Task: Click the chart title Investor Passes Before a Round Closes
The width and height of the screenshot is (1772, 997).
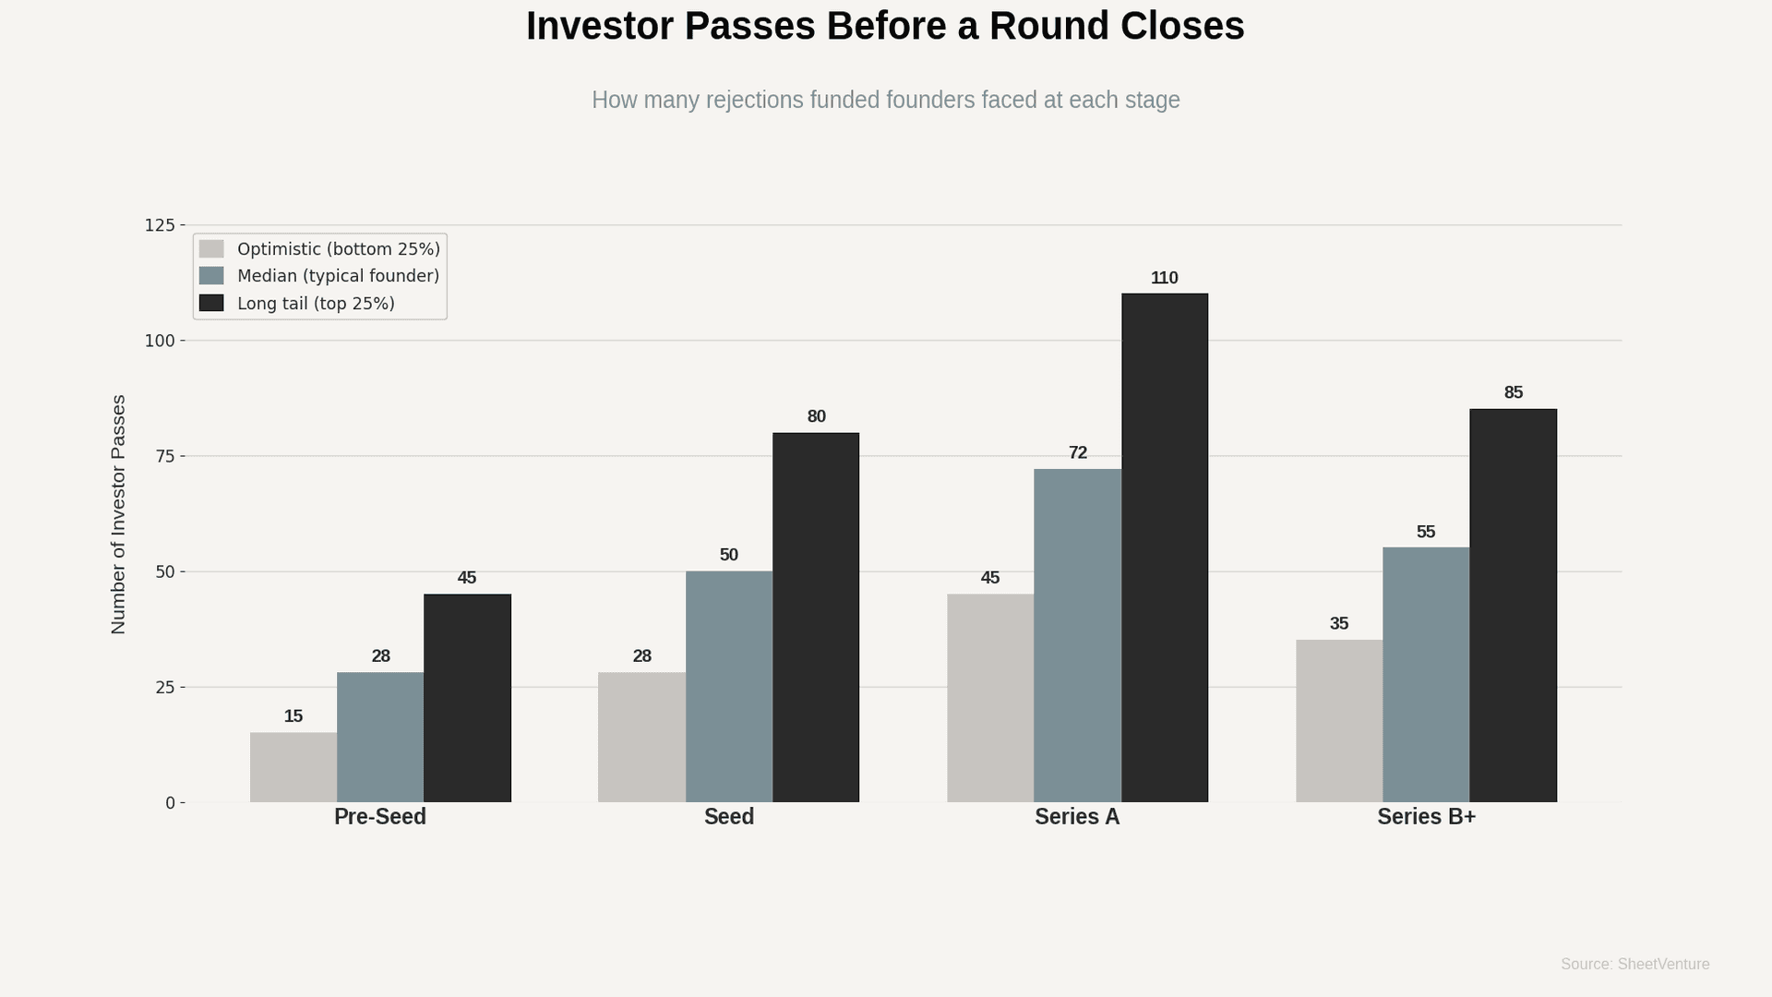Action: tap(885, 26)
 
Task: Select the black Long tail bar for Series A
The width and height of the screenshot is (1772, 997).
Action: tap(1164, 547)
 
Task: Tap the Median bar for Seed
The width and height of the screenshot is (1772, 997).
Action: tap(728, 686)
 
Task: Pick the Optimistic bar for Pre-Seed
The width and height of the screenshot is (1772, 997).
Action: tap(293, 767)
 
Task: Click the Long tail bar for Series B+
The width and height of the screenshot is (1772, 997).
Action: tap(1513, 606)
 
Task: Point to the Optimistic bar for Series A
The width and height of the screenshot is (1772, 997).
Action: tap(989, 698)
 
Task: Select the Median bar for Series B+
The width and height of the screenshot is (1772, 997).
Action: tap(1425, 675)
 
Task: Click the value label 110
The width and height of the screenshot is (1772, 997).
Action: tap(1164, 278)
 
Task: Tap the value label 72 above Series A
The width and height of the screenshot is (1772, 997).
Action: tap(1077, 453)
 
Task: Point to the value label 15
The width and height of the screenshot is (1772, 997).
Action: tap(293, 716)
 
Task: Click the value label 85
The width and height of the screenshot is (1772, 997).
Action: tap(1513, 393)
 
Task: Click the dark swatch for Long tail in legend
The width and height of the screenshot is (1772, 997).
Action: tap(211, 303)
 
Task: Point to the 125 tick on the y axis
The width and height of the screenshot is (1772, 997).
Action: tap(159, 225)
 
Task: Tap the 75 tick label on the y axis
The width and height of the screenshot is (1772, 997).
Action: tap(164, 456)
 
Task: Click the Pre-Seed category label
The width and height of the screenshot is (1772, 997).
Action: tap(379, 817)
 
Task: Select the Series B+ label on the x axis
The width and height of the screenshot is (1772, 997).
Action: tap(1426, 817)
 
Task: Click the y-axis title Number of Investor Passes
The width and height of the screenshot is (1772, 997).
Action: tap(118, 514)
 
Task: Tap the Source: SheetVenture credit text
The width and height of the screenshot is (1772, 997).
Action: tap(1634, 964)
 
